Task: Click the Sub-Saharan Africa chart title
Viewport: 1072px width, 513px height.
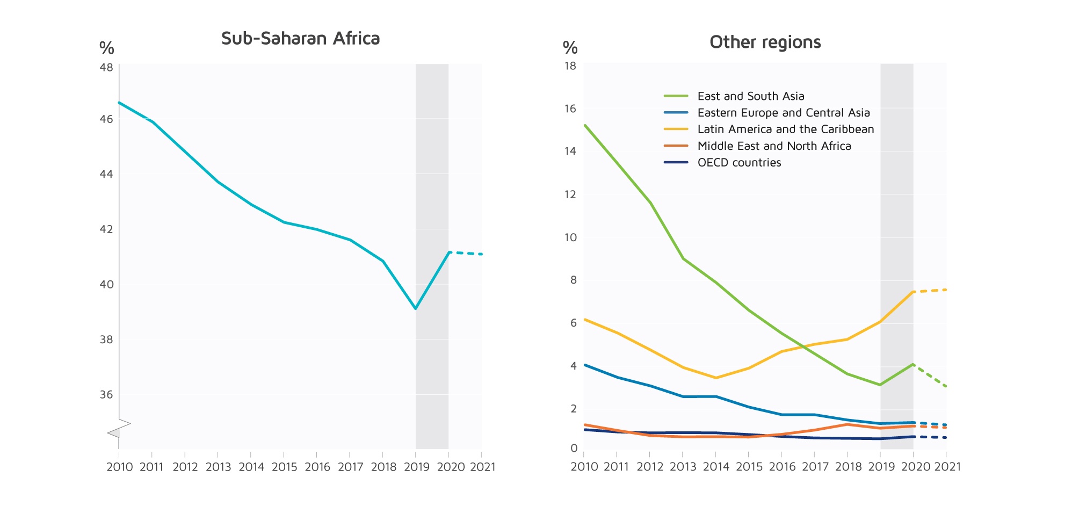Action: click(300, 39)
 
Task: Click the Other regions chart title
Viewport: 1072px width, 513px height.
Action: click(765, 42)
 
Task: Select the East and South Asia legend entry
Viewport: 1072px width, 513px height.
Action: click(750, 96)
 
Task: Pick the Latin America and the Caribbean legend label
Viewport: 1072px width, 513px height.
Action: click(785, 129)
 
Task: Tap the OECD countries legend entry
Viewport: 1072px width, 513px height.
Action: click(739, 163)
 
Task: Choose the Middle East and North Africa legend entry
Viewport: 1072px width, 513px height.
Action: click(774, 146)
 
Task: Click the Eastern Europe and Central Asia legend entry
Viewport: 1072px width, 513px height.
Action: click(783, 113)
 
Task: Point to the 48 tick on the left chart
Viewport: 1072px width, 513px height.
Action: click(106, 68)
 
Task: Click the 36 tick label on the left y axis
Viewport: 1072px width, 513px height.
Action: click(106, 395)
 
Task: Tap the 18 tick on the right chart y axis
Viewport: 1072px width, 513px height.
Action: click(570, 66)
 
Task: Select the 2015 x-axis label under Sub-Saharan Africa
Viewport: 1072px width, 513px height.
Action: click(284, 467)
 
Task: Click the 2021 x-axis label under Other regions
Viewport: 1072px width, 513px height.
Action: click(947, 467)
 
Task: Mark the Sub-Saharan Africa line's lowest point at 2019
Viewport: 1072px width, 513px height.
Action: click(416, 309)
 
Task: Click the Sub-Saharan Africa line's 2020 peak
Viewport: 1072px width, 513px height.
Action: click(449, 252)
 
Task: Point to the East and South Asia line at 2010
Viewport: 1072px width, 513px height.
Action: click(584, 125)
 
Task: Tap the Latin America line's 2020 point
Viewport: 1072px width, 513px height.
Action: click(913, 292)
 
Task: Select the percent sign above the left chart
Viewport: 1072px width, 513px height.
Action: click(107, 48)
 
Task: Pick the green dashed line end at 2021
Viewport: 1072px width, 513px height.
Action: click(946, 386)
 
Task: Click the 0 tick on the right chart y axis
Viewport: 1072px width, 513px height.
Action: click(574, 449)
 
